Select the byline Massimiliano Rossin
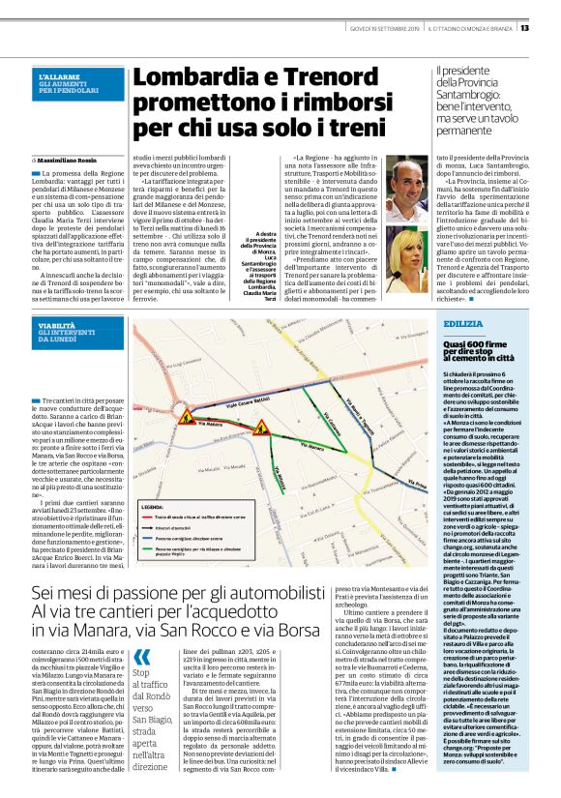coord(74,159)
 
